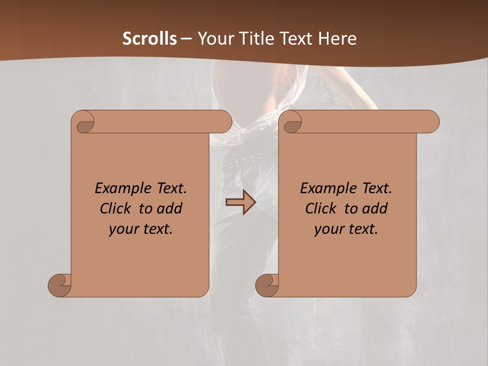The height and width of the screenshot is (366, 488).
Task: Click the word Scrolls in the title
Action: [x=149, y=39]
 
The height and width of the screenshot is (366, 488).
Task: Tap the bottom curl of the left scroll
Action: [x=60, y=286]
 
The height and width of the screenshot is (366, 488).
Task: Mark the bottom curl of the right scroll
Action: [x=267, y=286]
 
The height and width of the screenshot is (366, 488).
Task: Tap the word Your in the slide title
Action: [x=216, y=39]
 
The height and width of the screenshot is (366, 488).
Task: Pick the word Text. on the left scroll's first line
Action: [x=169, y=188]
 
